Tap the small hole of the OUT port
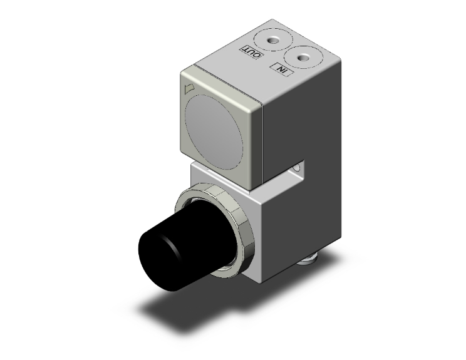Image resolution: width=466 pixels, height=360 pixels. click(273, 40)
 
